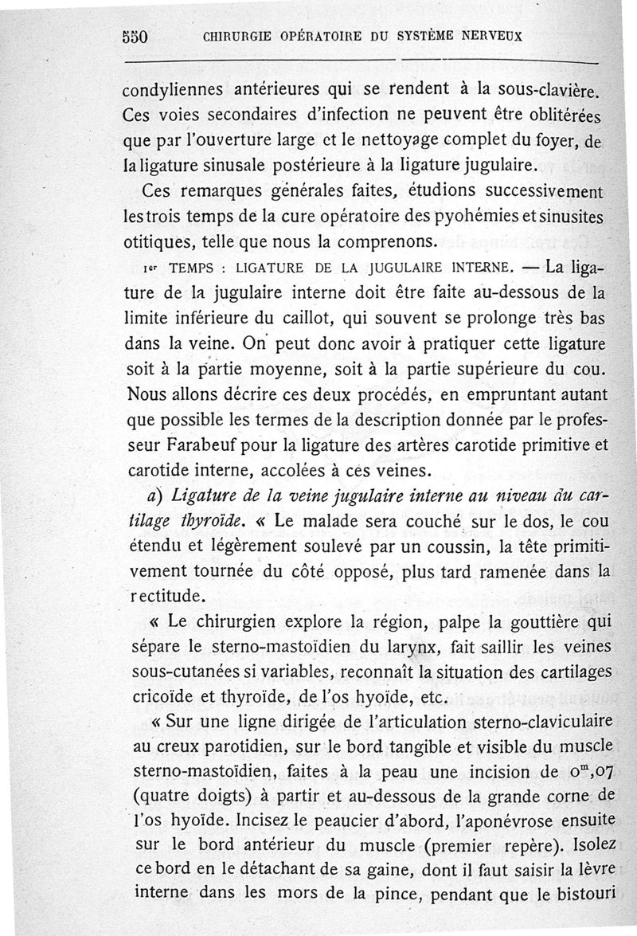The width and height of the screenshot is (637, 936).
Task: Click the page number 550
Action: [136, 36]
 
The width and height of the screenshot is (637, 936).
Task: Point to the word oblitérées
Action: [562, 115]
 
